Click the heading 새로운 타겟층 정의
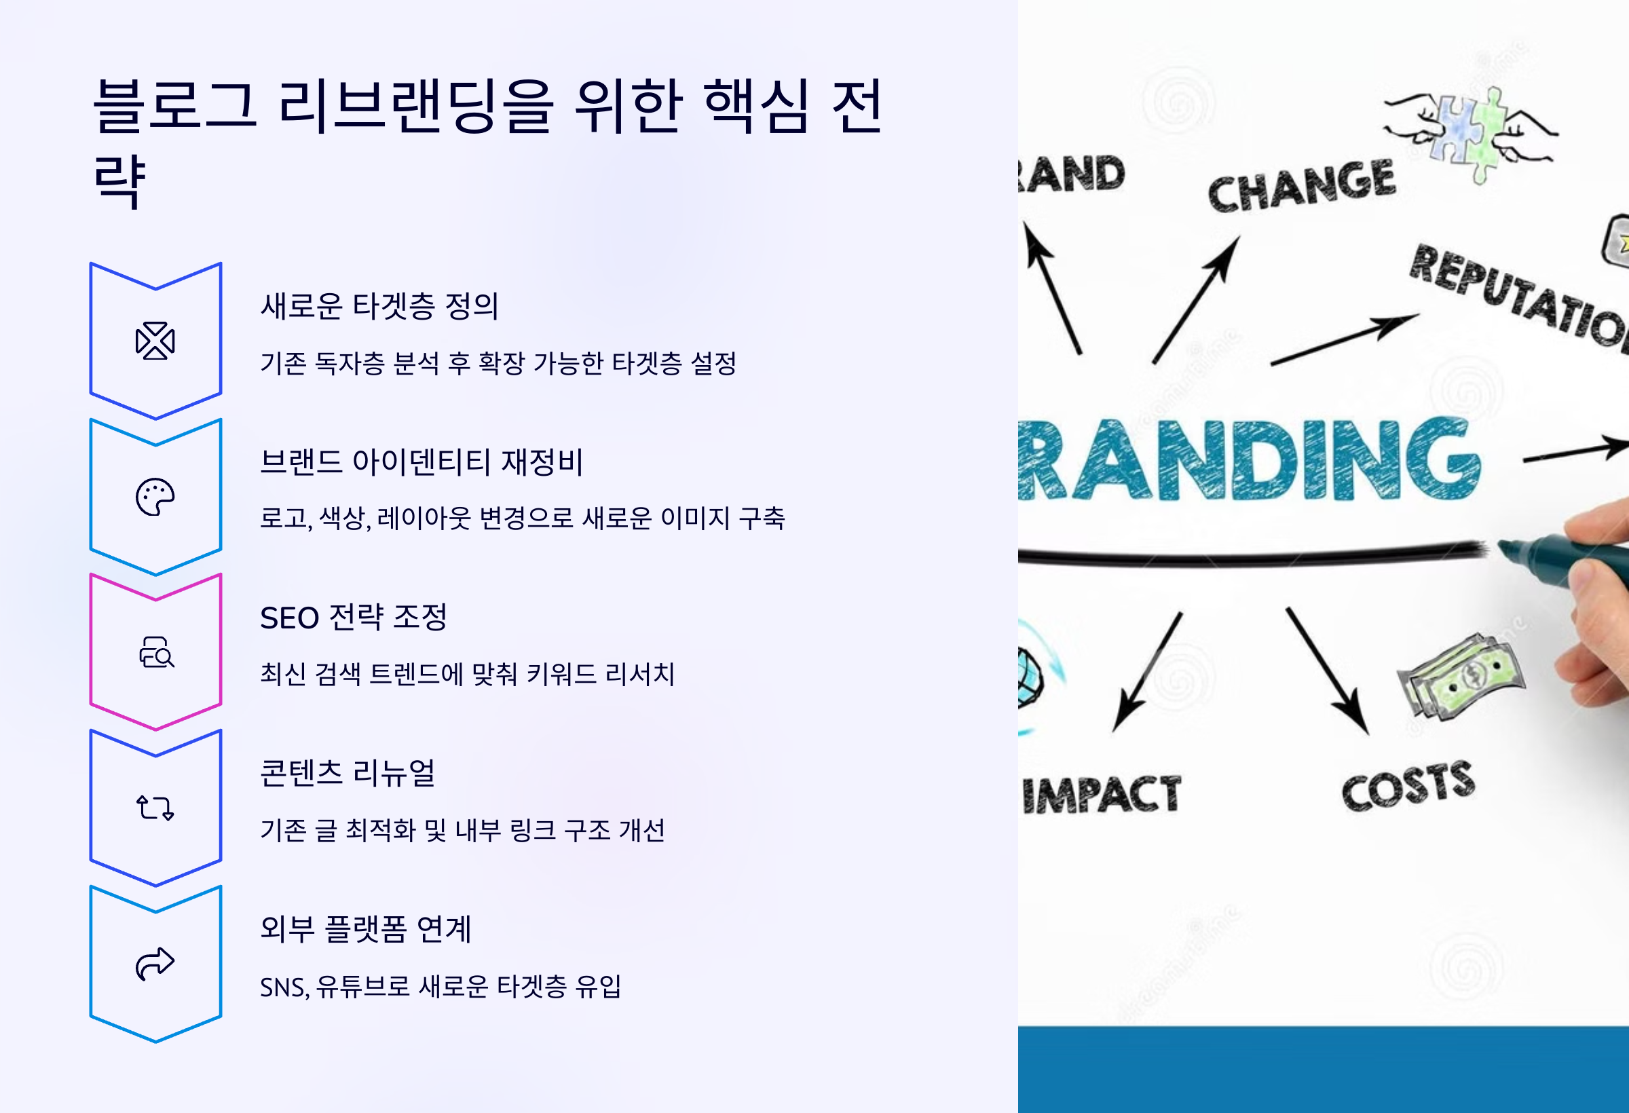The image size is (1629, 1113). [x=379, y=306]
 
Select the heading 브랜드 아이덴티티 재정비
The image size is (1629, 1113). [x=422, y=462]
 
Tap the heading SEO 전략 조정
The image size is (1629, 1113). [x=353, y=618]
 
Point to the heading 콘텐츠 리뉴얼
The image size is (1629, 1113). [x=348, y=773]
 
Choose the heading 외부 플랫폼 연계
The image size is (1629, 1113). [x=365, y=929]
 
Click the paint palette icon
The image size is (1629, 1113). [x=155, y=497]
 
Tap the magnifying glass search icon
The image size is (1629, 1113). [x=156, y=654]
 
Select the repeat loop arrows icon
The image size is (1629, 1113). [x=155, y=808]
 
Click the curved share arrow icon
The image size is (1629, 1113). [x=155, y=964]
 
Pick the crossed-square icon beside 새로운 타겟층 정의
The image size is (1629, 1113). [x=155, y=341]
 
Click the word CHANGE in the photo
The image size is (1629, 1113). [x=1302, y=186]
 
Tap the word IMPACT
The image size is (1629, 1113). [x=1101, y=795]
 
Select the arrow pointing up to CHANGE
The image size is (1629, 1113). [x=1196, y=300]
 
